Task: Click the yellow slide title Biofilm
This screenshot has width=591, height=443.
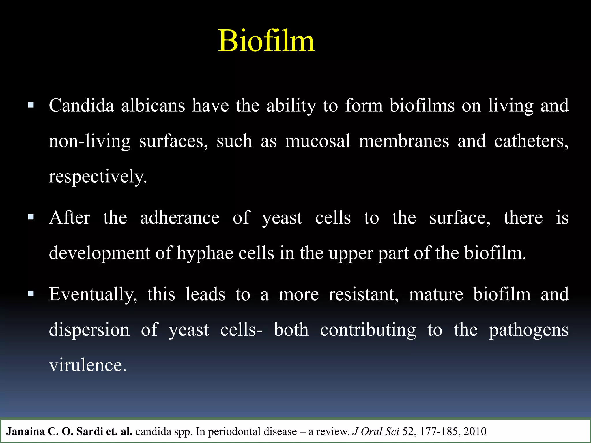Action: (x=266, y=41)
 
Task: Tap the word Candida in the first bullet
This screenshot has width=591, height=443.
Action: (x=81, y=106)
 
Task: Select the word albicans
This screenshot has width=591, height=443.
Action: (x=153, y=106)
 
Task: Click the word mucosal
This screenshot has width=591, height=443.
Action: (x=317, y=141)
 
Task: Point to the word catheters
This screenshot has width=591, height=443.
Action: (x=531, y=141)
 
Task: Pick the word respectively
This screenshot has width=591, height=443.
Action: (x=98, y=177)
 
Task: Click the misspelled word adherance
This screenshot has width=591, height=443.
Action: (x=180, y=217)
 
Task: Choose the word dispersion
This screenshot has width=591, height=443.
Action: (x=89, y=330)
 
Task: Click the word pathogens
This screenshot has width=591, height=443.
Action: (x=529, y=330)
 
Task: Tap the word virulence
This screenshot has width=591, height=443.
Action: (x=87, y=365)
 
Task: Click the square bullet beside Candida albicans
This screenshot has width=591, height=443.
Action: (x=31, y=104)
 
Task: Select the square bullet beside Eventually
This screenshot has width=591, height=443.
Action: (x=31, y=294)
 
